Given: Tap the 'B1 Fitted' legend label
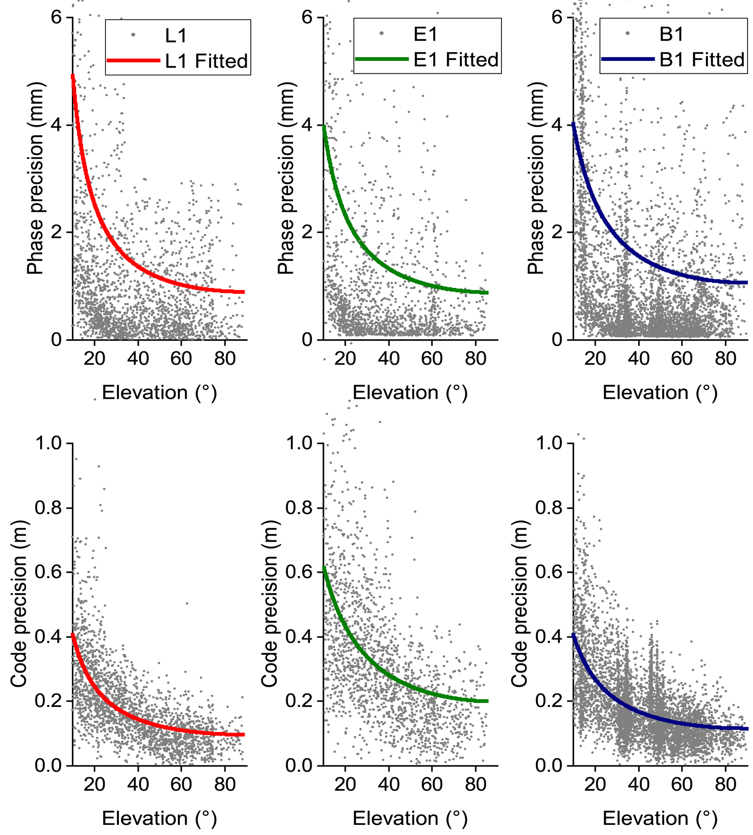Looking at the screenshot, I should [702, 60].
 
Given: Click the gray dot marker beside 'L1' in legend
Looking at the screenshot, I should [133, 35].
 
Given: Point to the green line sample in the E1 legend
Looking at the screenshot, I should [382, 59].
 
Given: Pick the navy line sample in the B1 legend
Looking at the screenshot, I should [628, 59].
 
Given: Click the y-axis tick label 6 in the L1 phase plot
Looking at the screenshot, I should [57, 18].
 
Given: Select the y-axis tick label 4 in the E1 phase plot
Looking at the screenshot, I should [307, 125].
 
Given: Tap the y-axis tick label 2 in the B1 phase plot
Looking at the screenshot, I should [558, 232].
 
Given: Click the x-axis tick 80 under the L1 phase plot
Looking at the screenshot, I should [225, 358].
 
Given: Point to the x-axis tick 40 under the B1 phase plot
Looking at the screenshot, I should [639, 358].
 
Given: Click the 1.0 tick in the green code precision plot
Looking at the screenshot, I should [299, 444].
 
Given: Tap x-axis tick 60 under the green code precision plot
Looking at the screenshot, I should [432, 784].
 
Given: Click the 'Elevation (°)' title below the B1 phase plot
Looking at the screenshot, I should [660, 393].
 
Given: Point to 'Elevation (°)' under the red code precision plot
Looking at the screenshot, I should [159, 818].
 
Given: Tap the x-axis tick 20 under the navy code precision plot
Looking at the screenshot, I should [595, 784].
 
